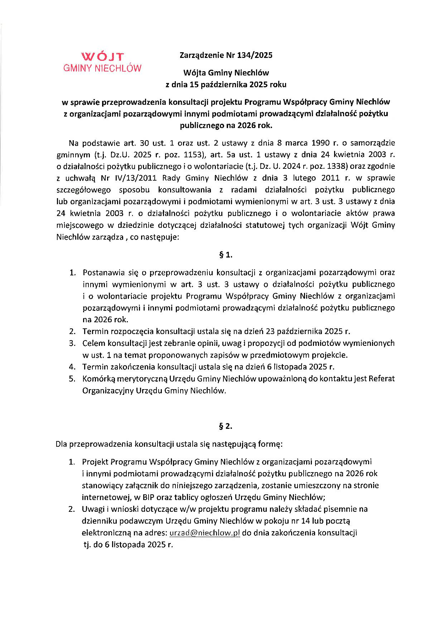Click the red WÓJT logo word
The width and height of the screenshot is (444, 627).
(x=102, y=57)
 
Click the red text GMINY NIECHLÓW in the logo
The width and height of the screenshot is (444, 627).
(x=102, y=68)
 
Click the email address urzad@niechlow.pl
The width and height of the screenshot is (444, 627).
(x=204, y=533)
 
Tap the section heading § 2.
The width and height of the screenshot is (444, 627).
(x=226, y=426)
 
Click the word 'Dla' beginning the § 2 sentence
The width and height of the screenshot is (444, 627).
(x=61, y=444)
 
